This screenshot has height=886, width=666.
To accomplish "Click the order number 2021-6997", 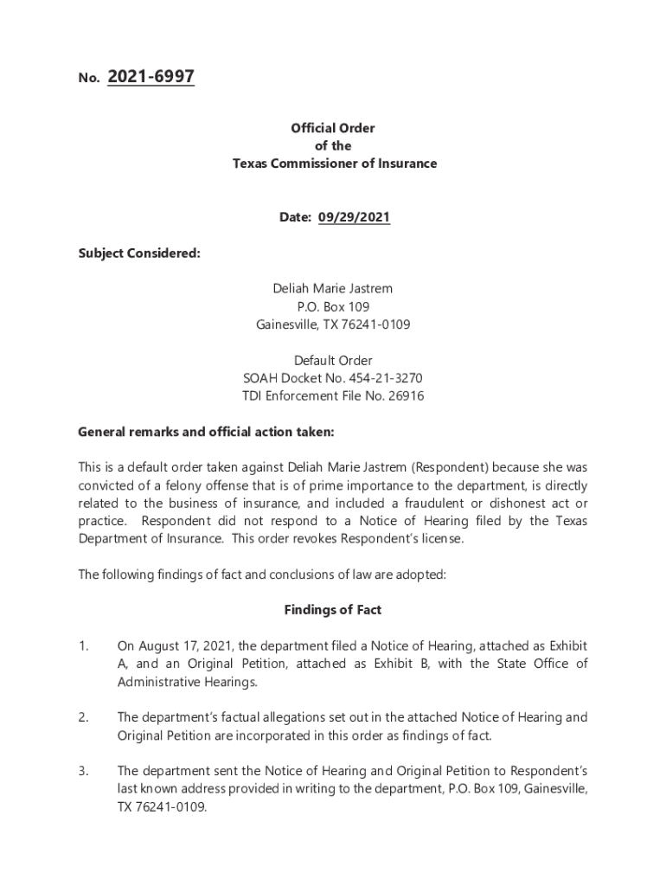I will click(x=150, y=78).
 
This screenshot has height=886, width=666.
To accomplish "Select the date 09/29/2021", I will click(x=354, y=218).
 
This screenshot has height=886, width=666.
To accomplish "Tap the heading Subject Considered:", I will click(x=139, y=254).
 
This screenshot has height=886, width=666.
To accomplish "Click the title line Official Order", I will click(x=333, y=128).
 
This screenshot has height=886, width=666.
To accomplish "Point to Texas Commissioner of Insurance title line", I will click(x=334, y=164).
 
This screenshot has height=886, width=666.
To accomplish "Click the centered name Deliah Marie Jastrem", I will click(x=333, y=289).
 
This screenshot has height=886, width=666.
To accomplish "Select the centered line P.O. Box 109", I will click(x=333, y=307).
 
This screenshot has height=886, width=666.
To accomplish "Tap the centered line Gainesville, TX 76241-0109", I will click(x=333, y=325).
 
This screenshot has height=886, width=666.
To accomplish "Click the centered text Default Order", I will click(x=333, y=361).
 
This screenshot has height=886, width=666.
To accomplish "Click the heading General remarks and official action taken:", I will click(x=206, y=432).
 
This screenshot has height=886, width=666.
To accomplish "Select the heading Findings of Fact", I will click(x=333, y=610).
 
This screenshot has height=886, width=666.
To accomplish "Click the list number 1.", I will click(x=82, y=646).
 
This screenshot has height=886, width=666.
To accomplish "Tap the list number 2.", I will click(x=83, y=717).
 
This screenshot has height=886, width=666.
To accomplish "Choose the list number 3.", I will click(x=83, y=771).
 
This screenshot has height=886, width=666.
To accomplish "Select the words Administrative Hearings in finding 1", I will click(x=187, y=682).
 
